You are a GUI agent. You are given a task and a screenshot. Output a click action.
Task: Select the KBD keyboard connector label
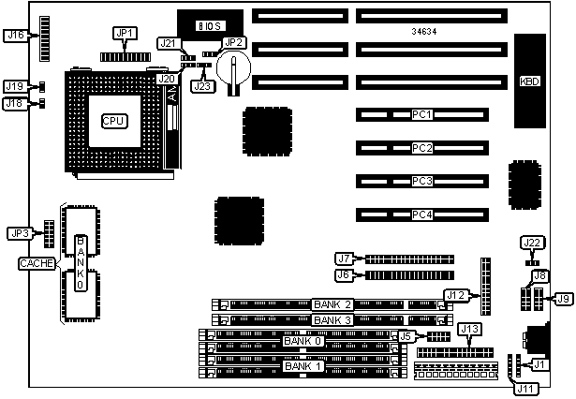tap(530, 81)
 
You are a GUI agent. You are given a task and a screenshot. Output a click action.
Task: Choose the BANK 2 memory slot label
tap(333, 304)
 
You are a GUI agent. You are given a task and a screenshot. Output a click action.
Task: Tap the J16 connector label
tap(15, 36)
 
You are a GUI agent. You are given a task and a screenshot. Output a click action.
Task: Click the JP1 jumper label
tap(125, 34)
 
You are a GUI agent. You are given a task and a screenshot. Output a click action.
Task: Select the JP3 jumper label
tap(19, 233)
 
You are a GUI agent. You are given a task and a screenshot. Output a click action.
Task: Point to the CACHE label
tap(35, 264)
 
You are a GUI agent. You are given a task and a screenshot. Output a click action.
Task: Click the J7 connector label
tap(344, 259)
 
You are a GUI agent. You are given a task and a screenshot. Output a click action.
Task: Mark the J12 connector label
tap(455, 296)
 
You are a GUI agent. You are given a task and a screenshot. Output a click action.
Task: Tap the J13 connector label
tap(469, 329)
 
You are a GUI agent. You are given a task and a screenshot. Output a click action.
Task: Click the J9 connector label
tap(563, 299)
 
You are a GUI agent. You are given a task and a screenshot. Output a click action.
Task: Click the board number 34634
tap(423, 32)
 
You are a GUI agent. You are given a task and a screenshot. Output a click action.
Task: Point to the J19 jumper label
tap(14, 86)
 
